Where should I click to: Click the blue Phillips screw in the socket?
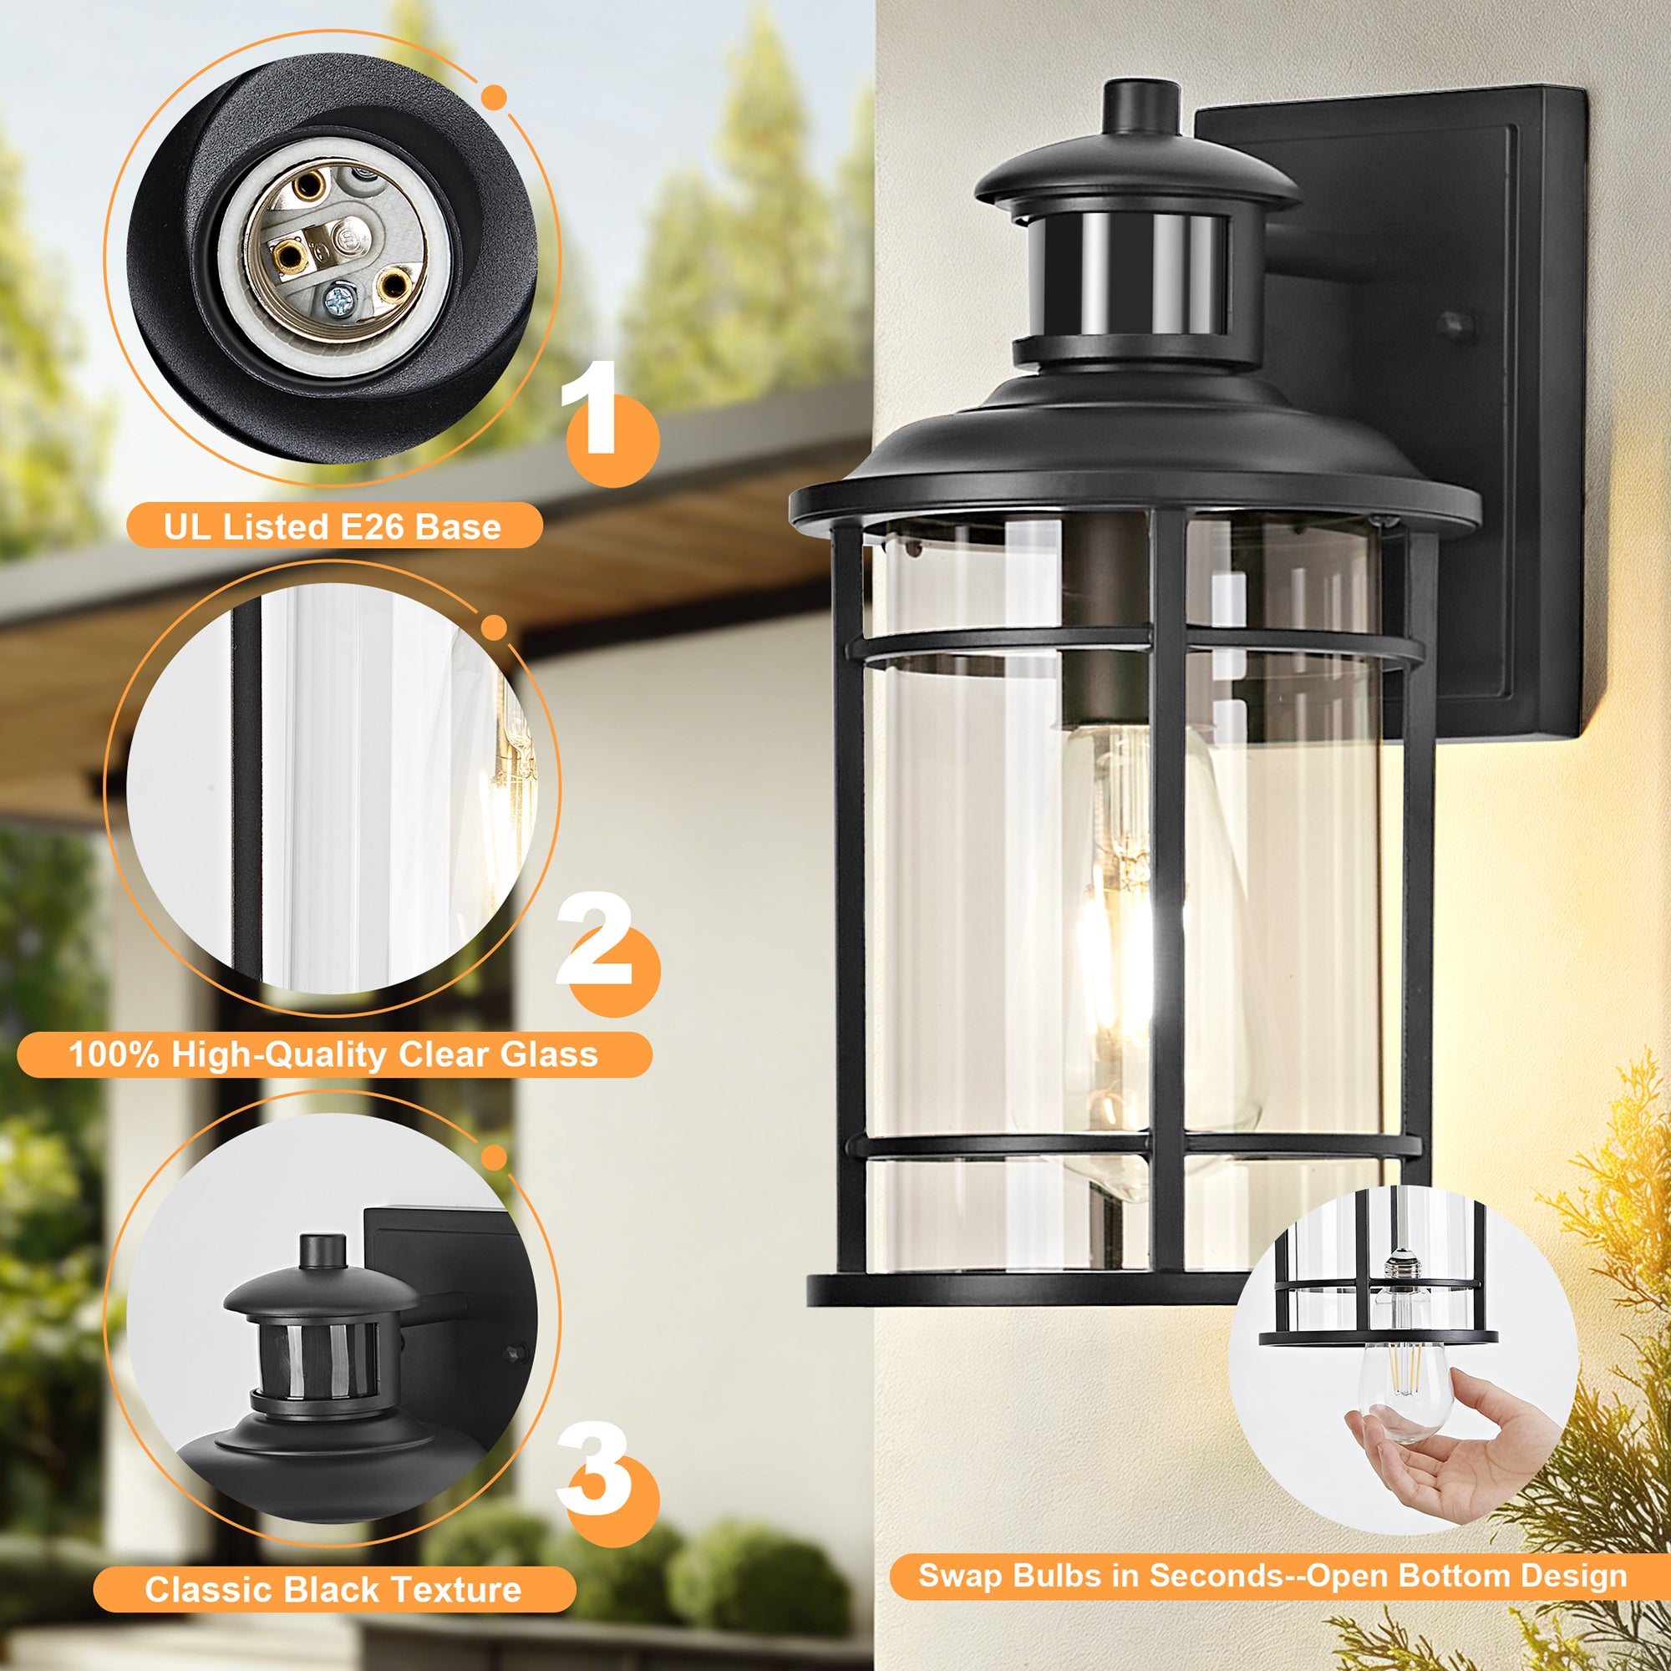coord(337,301)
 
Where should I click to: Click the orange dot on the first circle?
coord(494,97)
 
